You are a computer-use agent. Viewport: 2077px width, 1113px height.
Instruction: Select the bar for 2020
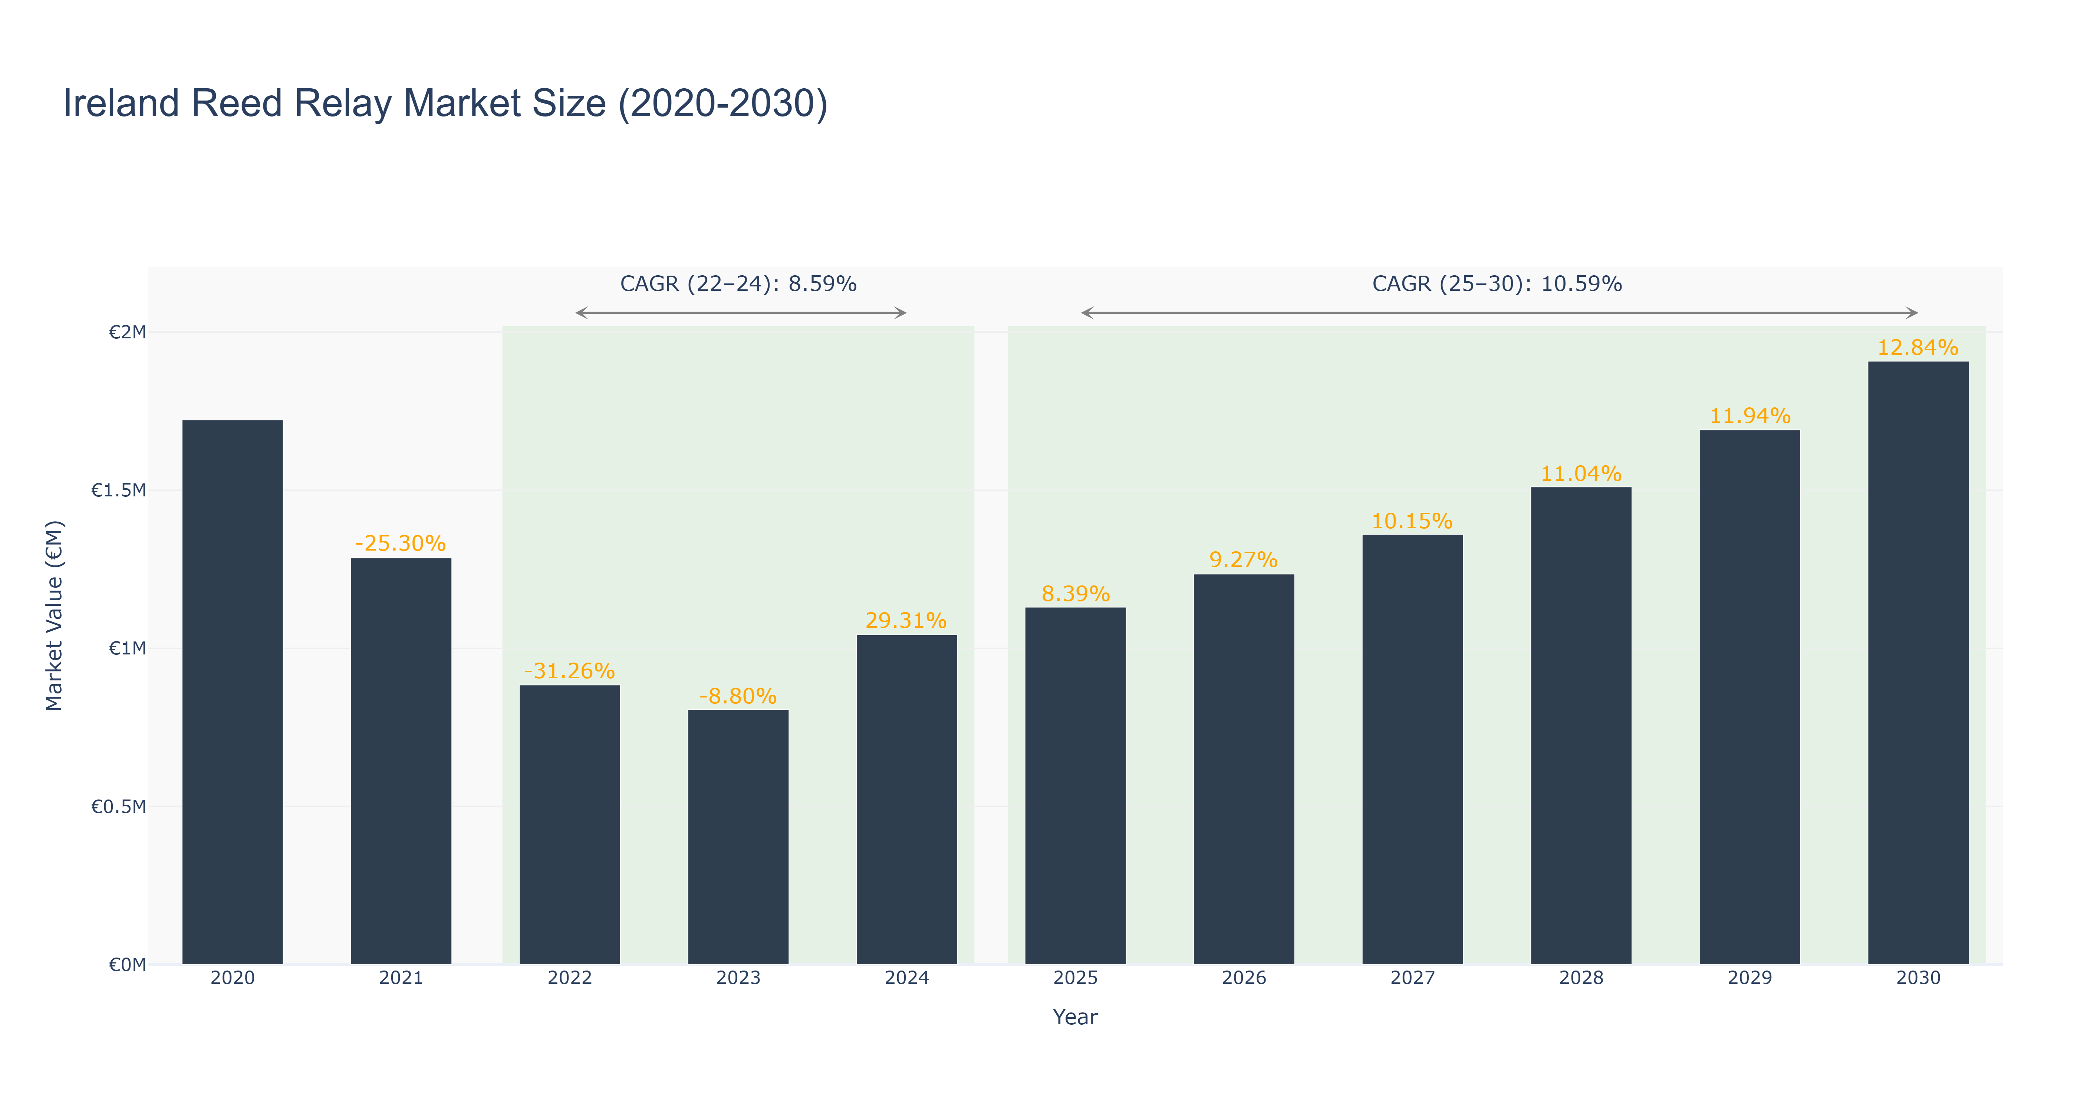pyautogui.click(x=232, y=692)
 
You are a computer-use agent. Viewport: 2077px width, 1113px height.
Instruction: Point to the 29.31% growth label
pyautogui.click(x=906, y=620)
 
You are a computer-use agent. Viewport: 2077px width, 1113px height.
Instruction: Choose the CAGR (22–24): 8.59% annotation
pyautogui.click(x=738, y=284)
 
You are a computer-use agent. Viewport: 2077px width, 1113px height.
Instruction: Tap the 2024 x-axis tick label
pyautogui.click(x=906, y=978)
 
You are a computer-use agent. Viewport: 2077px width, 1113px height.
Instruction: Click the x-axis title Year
pyautogui.click(x=1075, y=1017)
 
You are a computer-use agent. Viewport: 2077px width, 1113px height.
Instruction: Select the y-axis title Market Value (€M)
pyautogui.click(x=54, y=615)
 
